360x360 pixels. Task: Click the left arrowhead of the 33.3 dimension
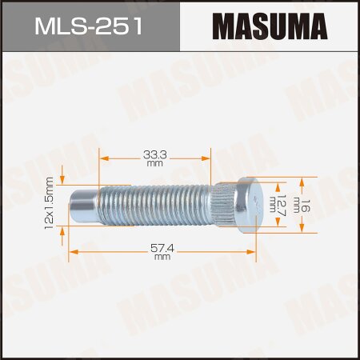click(103, 158)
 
